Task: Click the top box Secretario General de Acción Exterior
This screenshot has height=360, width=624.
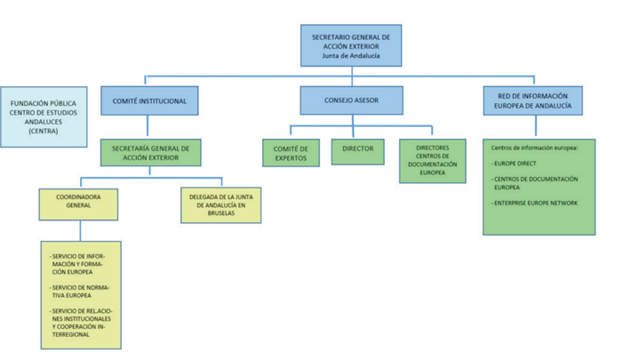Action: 350,45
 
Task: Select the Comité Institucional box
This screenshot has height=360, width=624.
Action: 149,101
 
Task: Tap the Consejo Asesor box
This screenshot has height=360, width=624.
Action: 351,101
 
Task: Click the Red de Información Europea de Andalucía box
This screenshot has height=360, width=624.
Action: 532,101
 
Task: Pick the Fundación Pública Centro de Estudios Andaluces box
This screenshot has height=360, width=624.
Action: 43,116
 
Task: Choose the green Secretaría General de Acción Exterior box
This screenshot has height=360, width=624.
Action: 149,152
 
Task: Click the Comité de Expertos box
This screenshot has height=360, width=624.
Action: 291,152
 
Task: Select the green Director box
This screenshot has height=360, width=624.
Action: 357,149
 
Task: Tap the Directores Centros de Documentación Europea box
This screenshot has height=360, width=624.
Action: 432,160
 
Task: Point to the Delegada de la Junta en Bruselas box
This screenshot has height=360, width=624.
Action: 218,204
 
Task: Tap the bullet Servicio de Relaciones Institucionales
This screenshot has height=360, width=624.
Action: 81,320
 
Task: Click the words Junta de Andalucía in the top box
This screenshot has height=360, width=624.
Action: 350,56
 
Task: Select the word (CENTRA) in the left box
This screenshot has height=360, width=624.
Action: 43,132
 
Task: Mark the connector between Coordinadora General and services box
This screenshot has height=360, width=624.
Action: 79,230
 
